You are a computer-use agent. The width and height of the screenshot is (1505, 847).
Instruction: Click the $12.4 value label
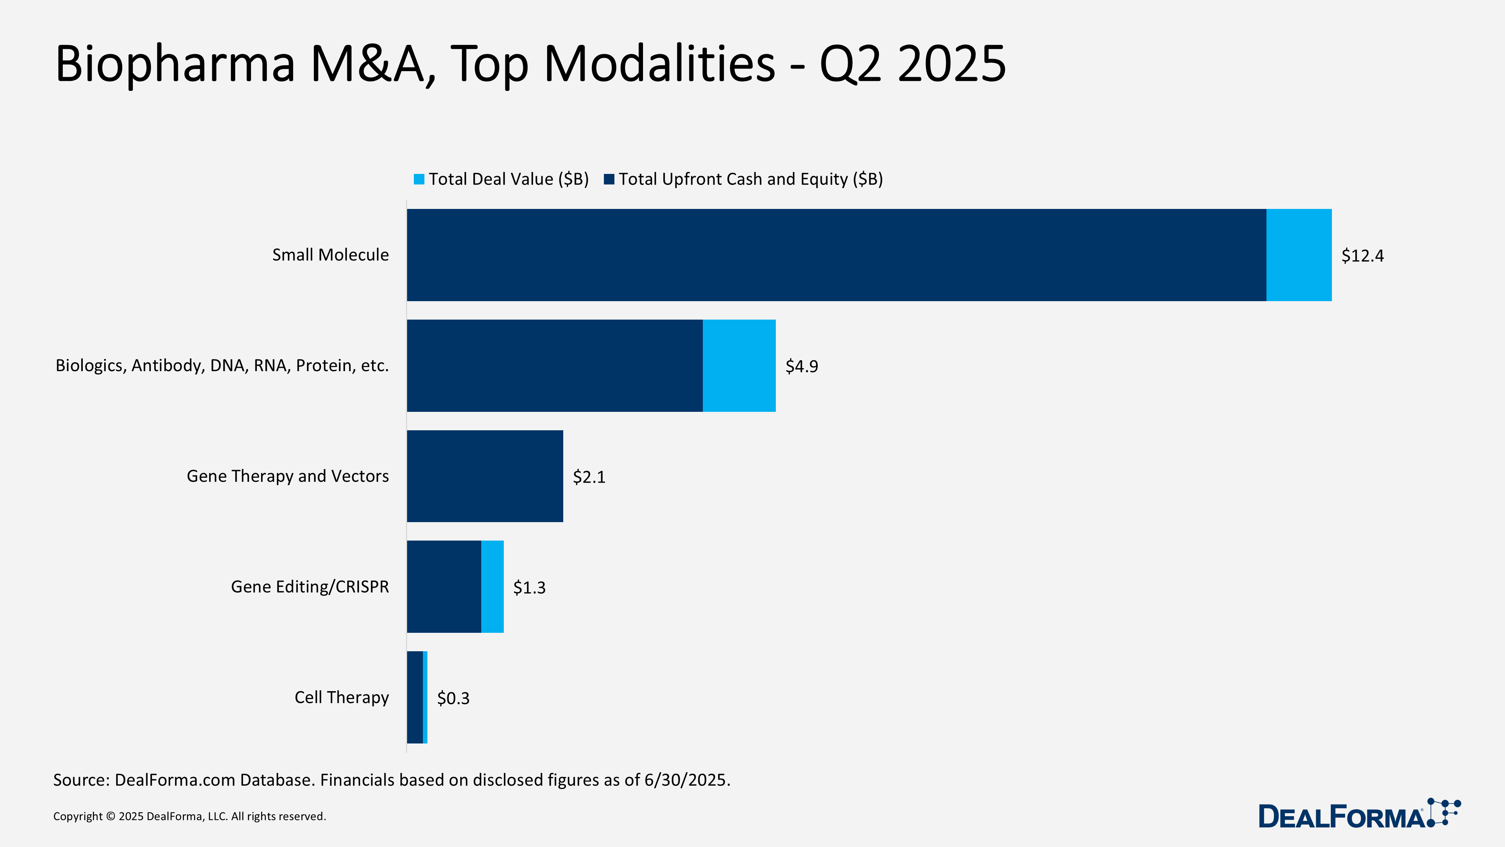[1362, 256]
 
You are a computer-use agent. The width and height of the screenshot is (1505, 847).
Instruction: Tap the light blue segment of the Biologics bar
[739, 365]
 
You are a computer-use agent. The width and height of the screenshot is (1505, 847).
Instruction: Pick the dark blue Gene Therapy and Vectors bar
[485, 476]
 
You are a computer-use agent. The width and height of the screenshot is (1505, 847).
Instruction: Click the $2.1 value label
[588, 477]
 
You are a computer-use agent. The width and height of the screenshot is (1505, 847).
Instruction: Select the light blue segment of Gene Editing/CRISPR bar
[492, 586]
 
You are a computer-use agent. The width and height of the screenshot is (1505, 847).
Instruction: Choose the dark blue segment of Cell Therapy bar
[414, 697]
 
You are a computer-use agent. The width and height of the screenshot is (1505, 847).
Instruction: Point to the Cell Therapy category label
[341, 697]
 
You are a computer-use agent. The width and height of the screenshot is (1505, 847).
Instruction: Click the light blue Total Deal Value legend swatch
[419, 179]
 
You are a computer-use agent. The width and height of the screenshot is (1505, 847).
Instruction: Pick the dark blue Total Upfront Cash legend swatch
[609, 179]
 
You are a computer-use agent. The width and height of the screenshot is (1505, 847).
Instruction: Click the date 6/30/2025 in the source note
[687, 780]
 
